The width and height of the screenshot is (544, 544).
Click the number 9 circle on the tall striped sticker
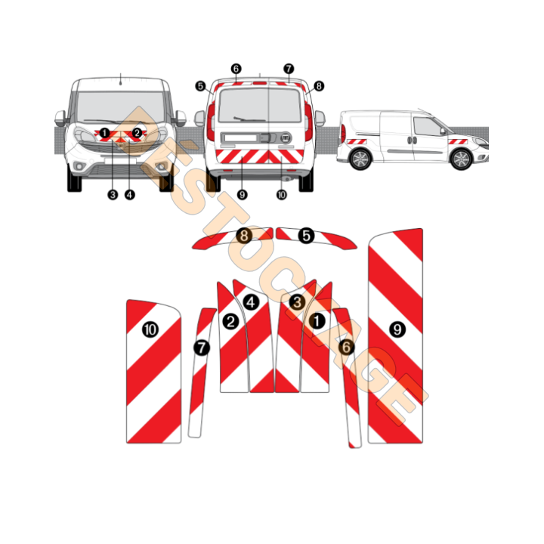pos(397,329)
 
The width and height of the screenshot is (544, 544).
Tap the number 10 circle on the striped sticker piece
pos(150,329)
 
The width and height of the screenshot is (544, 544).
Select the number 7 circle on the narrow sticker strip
pos(202,348)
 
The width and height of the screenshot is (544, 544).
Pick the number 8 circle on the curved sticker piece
pos(244,236)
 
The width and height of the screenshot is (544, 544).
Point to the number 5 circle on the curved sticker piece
pos(306,236)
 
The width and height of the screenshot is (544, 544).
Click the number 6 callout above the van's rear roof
pos(236,69)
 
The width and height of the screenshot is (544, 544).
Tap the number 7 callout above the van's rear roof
pos(289,69)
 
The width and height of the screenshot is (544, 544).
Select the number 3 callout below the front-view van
pos(113,195)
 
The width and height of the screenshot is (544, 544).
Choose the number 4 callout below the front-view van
pos(130,195)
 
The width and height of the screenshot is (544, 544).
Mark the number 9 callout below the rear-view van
pos(243,195)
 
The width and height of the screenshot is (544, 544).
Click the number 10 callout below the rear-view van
pos(282,195)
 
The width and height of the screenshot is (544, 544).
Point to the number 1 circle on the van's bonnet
pos(104,133)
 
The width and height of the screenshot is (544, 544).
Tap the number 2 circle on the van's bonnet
pos(137,133)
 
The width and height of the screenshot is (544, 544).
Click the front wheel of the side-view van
pos(461,159)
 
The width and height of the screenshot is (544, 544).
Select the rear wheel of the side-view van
pos(360,159)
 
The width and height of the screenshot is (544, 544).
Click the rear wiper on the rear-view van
pos(249,119)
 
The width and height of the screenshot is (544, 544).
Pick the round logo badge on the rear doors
pos(286,138)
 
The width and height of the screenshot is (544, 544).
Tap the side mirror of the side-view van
pos(443,131)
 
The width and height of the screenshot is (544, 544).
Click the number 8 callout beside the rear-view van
pos(319,86)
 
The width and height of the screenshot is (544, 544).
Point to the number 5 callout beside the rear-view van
pos(200,86)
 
